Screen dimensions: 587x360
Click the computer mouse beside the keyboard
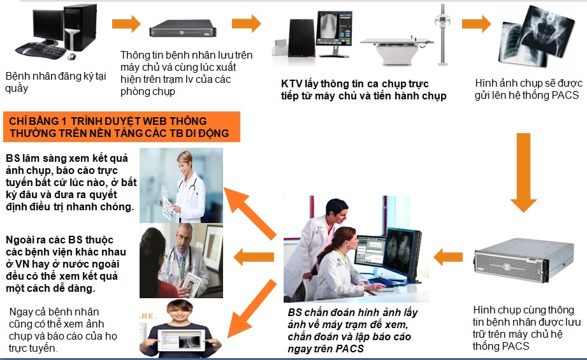[71, 57]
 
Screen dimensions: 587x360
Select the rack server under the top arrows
[183, 29]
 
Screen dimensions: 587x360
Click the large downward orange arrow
[523, 172]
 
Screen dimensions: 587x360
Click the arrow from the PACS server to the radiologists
[448, 257]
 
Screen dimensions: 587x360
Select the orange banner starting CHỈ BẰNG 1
[122, 127]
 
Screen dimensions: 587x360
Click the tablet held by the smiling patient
[181, 340]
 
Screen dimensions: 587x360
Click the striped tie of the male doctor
[182, 265]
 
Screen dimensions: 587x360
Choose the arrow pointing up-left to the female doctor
[250, 213]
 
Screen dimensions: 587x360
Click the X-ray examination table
[397, 50]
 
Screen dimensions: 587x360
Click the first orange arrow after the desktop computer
[126, 24]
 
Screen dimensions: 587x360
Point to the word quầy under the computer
[17, 89]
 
